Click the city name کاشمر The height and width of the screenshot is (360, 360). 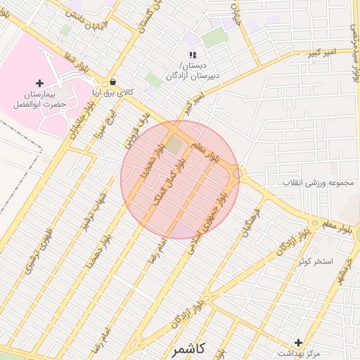pos(187,348)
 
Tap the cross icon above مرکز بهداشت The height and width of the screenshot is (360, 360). pos(299,342)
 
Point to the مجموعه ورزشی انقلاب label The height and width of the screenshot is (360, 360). pos(316,183)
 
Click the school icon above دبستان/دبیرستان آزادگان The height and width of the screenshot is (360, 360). pos(192,55)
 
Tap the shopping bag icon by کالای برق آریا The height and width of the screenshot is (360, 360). pos(113,82)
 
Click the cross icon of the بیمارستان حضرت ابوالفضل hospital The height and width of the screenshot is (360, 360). pos(39,84)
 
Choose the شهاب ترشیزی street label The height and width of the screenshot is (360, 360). pos(86,211)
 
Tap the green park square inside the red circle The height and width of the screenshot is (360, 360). pos(173,146)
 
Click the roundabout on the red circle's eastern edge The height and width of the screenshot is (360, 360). pos(239,173)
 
